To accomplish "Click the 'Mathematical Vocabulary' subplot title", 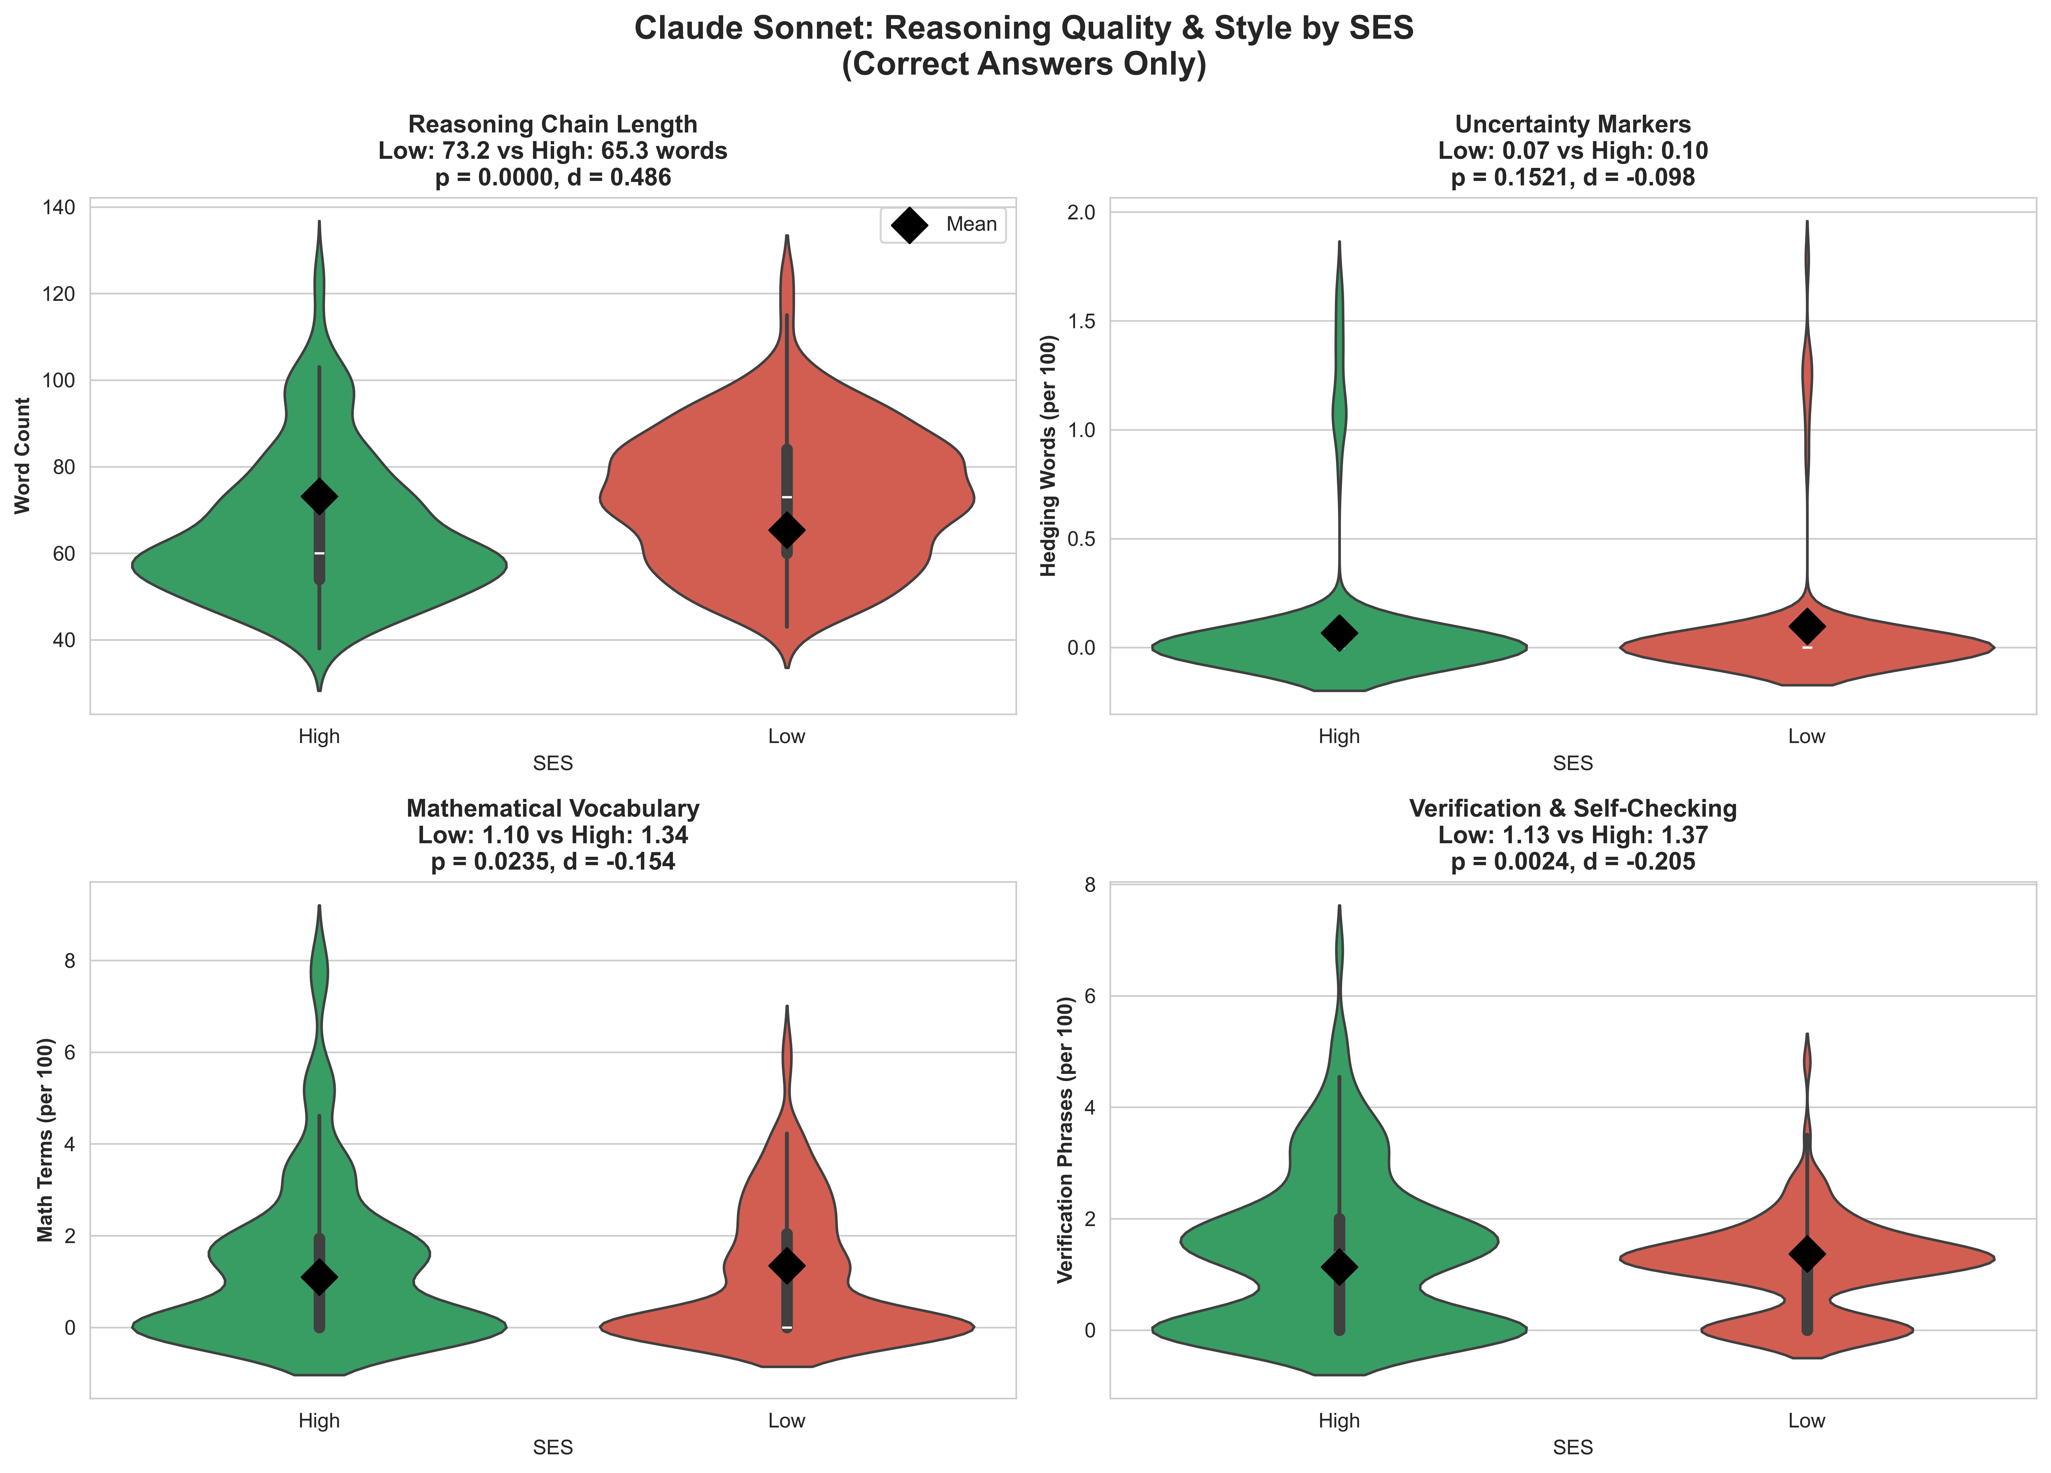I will click(553, 808).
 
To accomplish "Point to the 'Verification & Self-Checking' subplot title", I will click(1573, 808).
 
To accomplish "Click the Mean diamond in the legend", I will click(909, 225).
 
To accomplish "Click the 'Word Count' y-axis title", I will click(23, 456).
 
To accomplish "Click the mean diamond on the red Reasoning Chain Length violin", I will click(787, 530).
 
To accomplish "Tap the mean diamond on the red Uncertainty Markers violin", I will click(1807, 625).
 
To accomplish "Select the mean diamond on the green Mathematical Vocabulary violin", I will click(319, 1278).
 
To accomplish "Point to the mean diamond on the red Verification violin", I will click(1807, 1254).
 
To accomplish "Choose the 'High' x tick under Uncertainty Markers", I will click(1339, 736).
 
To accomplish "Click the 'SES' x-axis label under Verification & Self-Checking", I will click(1573, 1448).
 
